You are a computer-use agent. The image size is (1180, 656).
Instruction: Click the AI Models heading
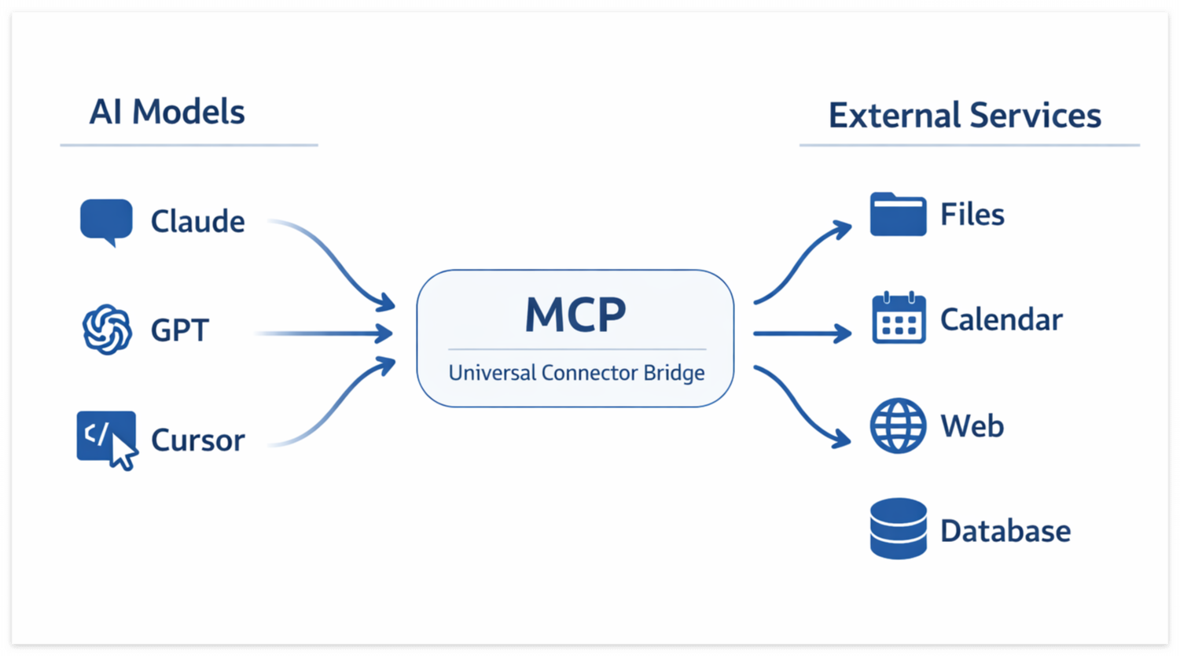point(167,112)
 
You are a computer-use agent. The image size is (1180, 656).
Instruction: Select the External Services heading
point(965,116)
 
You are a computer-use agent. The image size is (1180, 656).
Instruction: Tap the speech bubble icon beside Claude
point(106,221)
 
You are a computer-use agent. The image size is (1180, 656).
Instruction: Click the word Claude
point(197,222)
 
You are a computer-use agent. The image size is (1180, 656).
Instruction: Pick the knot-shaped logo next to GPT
point(107,330)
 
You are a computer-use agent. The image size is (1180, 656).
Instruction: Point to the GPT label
point(179,330)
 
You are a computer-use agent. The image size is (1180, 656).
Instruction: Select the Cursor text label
point(197,440)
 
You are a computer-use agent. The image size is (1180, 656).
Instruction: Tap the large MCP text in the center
point(575,315)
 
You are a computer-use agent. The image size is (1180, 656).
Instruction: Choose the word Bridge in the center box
point(674,373)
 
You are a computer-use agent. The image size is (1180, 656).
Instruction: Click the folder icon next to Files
point(898,214)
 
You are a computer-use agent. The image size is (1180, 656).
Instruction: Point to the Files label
point(972,215)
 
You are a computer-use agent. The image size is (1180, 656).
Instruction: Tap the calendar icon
point(899,319)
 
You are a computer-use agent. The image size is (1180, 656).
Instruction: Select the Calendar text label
point(1001,320)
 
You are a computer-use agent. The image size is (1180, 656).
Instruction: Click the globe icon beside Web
point(898,426)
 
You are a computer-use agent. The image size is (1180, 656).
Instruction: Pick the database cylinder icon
point(899,529)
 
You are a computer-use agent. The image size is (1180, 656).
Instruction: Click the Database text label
point(1005,532)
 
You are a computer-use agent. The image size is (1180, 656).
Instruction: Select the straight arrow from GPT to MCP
point(326,334)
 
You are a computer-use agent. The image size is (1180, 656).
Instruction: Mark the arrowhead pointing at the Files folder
point(844,229)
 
